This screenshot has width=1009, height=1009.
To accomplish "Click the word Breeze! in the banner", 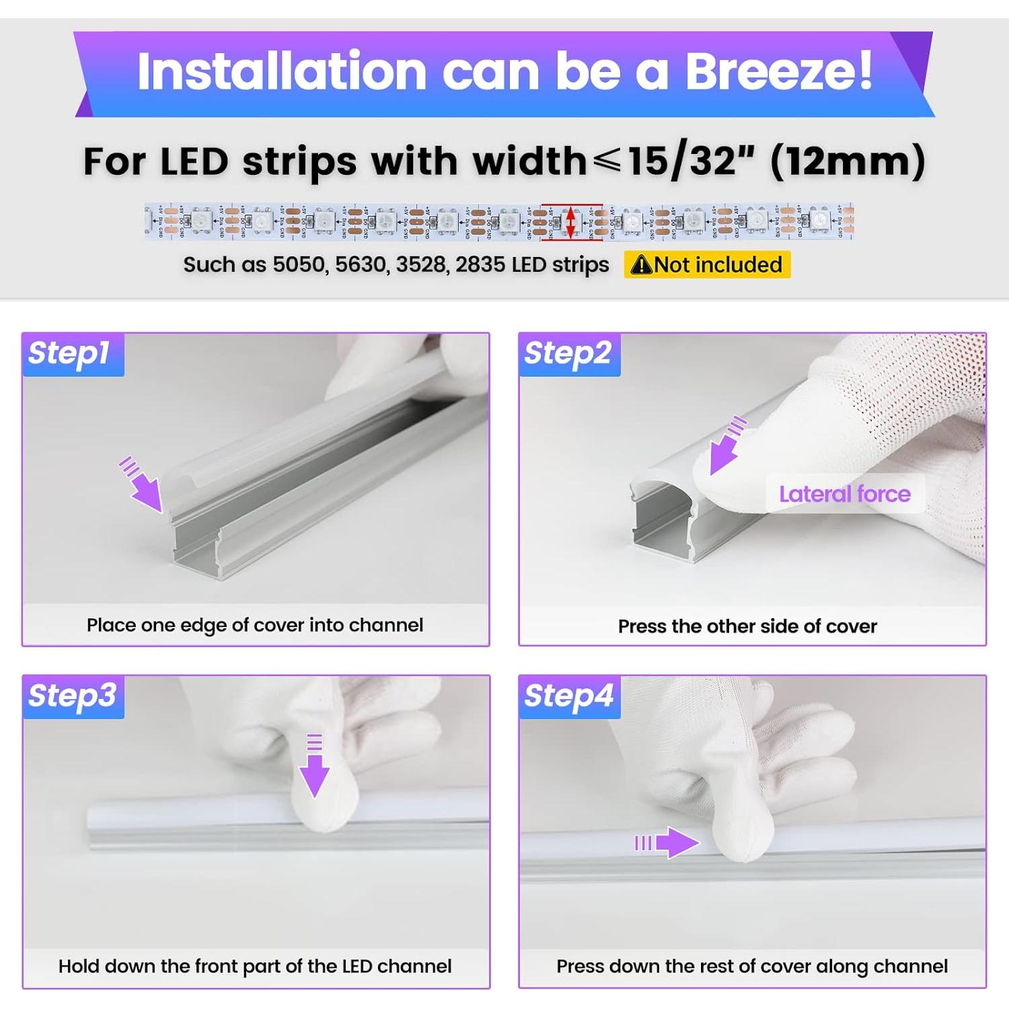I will click(778, 71).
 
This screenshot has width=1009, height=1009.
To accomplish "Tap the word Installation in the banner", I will click(282, 71).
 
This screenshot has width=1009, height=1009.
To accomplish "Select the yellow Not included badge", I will click(707, 264).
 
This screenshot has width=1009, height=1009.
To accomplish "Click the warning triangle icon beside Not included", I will click(642, 265).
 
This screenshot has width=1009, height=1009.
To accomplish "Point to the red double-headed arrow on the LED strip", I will click(571, 221).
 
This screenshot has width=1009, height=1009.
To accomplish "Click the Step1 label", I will click(69, 353).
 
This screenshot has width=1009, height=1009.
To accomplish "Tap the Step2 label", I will click(568, 353).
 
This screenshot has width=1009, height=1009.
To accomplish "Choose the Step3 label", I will click(72, 696).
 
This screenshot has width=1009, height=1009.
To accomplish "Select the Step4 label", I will click(569, 696).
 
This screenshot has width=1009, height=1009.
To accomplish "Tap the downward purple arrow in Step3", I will click(314, 768).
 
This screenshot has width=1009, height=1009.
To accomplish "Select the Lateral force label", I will click(844, 494).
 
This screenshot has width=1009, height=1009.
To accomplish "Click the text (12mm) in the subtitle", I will click(848, 161).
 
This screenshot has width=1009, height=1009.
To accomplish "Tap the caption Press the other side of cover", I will click(747, 626).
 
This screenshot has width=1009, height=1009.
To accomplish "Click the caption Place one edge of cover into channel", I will click(255, 625).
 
